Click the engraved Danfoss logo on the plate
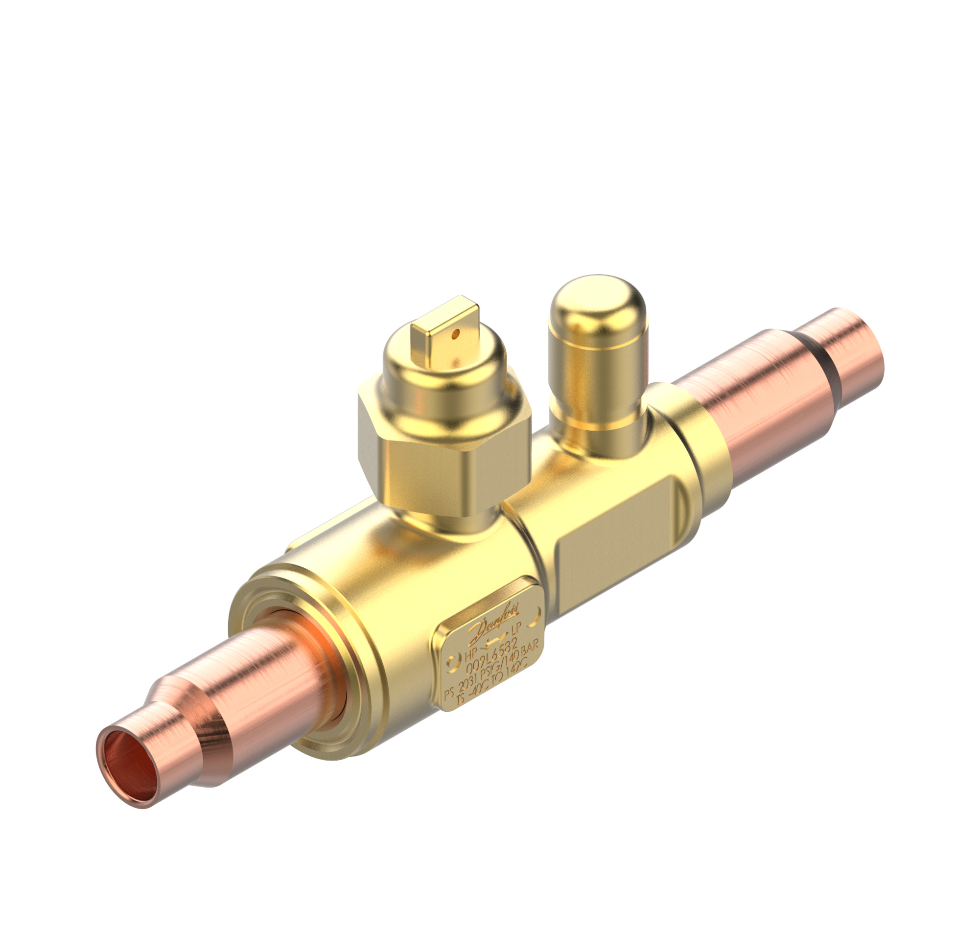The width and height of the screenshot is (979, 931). point(494,620)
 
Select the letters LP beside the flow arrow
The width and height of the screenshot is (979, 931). point(516,629)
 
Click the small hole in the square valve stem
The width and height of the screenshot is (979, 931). point(457,335)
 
